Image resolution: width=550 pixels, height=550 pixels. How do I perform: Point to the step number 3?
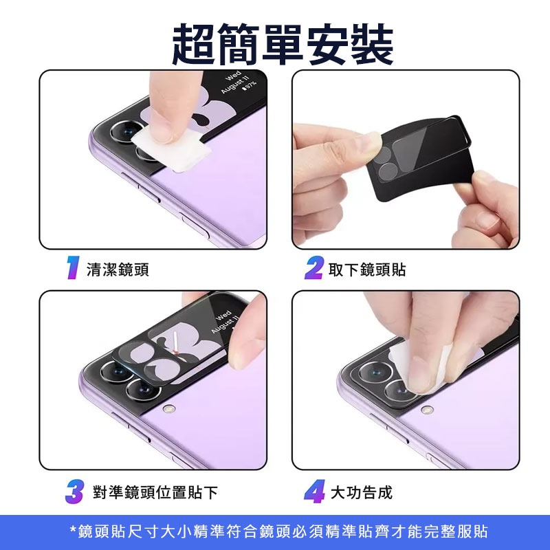tap(74, 492)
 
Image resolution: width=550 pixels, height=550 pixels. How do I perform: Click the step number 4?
tap(313, 492)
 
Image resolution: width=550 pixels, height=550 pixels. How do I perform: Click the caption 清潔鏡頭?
tap(118, 269)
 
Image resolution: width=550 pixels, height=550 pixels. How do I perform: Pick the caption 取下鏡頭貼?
tap(367, 269)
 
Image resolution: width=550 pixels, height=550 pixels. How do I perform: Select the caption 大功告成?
tap(362, 492)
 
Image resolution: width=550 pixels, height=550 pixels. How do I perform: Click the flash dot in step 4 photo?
tap(428, 410)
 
